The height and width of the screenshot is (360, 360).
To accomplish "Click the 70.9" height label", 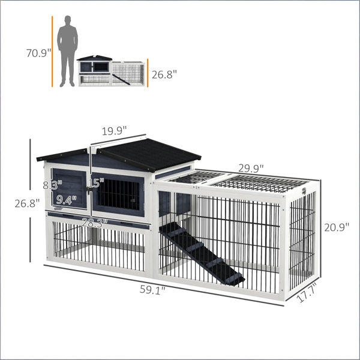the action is click(38, 53).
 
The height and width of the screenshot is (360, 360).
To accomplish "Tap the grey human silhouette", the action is click(67, 51).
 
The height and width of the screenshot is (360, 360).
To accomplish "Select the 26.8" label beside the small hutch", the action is click(164, 75).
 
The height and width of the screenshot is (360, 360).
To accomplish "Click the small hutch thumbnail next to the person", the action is click(112, 71).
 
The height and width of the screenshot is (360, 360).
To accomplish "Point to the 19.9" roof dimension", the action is click(115, 131).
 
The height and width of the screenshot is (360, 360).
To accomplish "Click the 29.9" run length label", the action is click(251, 168).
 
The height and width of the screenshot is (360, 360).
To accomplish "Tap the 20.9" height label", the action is click(337, 227).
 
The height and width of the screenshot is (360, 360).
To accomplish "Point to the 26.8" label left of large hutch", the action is click(27, 203).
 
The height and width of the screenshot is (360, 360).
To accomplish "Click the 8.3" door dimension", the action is click(53, 185).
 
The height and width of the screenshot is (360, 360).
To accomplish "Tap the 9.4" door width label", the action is click(67, 200).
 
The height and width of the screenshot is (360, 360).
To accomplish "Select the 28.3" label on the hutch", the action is click(95, 223).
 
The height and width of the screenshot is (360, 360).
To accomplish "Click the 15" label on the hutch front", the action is click(96, 183).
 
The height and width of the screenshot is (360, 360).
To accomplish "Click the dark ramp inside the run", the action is click(202, 253).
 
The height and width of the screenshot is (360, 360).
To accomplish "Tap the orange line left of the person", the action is click(52, 52).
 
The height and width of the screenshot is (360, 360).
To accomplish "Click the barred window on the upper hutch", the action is click(118, 195).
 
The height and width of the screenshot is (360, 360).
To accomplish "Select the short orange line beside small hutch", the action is click(148, 73).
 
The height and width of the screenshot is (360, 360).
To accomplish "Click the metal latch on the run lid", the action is click(305, 191).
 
